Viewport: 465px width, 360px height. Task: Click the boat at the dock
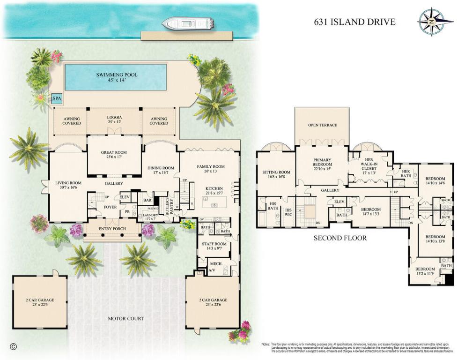pyautogui.click(x=187, y=23)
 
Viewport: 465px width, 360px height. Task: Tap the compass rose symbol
pyautogui.click(x=435, y=22)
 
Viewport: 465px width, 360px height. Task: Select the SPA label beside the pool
pyautogui.click(x=57, y=99)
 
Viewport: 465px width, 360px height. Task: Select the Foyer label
pyautogui.click(x=111, y=206)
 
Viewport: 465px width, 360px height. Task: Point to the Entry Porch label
pyautogui.click(x=112, y=229)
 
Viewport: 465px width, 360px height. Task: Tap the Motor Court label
pyautogui.click(x=126, y=319)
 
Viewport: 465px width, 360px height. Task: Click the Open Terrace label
pyautogui.click(x=322, y=125)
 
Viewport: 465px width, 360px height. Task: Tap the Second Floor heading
pyautogui.click(x=340, y=238)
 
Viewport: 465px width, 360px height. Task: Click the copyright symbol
pyautogui.click(x=13, y=346)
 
